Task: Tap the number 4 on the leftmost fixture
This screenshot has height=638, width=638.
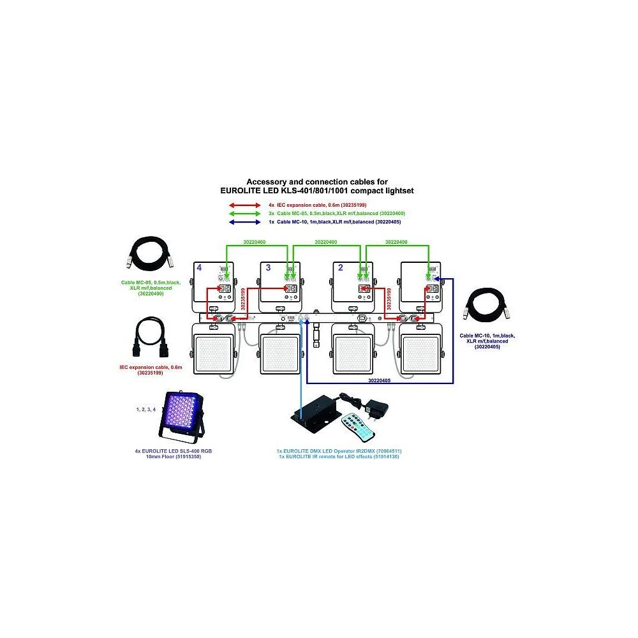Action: (200, 269)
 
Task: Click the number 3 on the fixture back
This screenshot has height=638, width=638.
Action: (267, 269)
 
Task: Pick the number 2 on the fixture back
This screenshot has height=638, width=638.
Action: (340, 269)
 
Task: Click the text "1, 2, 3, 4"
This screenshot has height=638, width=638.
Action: (145, 408)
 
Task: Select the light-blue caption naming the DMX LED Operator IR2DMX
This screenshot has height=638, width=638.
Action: (335, 451)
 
